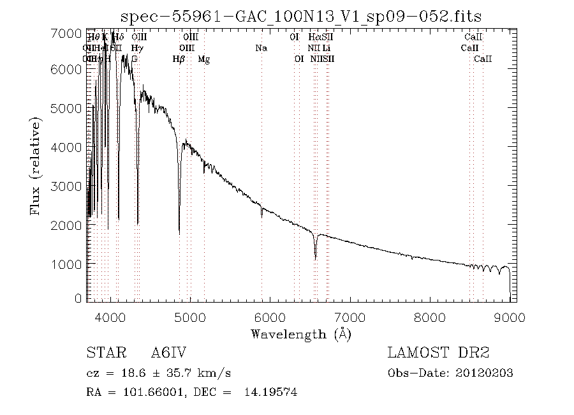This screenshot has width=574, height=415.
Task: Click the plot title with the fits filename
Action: pos(302,15)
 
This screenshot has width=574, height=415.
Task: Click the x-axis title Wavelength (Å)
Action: pos(301,333)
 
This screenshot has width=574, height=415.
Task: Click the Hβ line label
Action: pos(179,59)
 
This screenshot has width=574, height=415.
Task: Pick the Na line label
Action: pos(261,48)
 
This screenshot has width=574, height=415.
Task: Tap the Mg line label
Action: pos(203,59)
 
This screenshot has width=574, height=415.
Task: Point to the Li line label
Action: pos(326,48)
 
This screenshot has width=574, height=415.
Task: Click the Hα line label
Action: pos(313,37)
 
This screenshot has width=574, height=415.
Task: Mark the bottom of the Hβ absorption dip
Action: pos(179,234)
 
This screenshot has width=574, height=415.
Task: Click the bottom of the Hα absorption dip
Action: pos(315,259)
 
